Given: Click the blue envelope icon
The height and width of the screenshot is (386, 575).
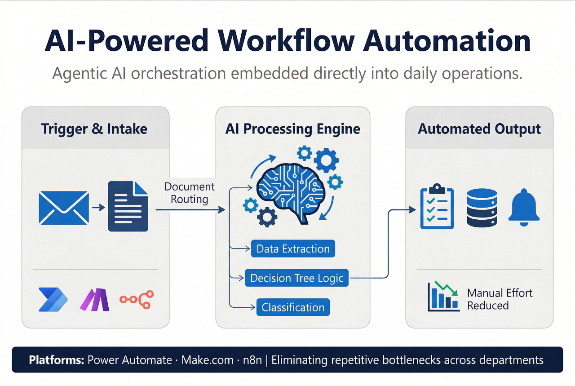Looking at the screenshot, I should point(64,208).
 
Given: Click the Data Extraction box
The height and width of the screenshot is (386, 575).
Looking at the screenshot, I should point(293,249).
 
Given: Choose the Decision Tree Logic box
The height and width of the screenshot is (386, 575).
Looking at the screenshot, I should point(296,278).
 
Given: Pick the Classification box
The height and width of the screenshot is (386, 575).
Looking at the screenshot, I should point(293,307).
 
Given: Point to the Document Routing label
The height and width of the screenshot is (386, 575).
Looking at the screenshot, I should point(190,193).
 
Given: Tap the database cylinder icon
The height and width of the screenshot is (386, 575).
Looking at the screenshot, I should point(482,208).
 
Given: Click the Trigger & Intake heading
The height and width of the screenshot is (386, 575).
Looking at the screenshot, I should point(94,129).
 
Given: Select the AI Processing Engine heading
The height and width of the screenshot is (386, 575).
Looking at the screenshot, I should point(293,129).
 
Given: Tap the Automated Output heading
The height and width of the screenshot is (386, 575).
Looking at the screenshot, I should point(479,129).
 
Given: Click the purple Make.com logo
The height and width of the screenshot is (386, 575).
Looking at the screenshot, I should point(94,300).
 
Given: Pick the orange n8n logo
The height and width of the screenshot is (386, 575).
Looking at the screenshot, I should point(137,300).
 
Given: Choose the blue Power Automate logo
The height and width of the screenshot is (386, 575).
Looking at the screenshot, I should point(53,300).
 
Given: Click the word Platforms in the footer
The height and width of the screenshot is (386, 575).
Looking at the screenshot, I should point(56,360).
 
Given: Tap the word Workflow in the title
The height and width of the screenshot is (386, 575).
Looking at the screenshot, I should point(292,41).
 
